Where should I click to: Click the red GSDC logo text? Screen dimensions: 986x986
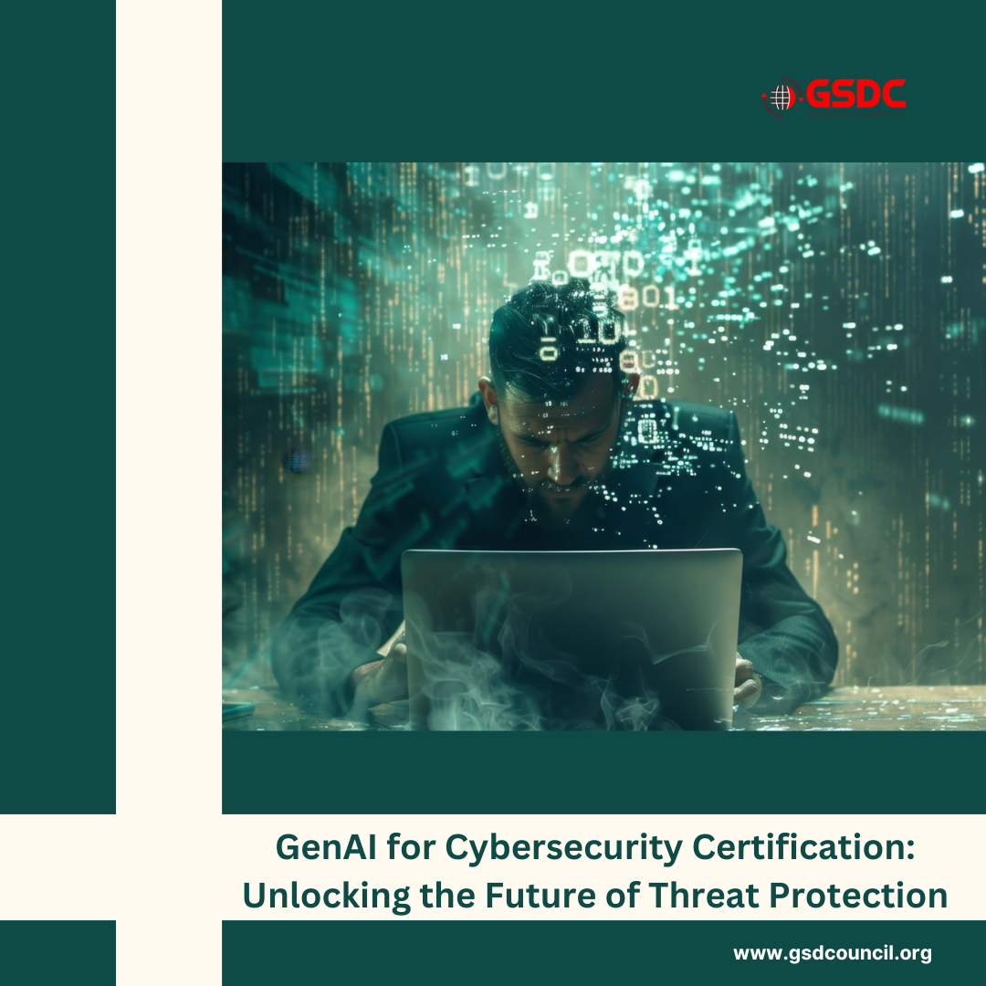click(x=855, y=94)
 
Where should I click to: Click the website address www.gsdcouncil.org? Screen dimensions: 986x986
click(x=832, y=954)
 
